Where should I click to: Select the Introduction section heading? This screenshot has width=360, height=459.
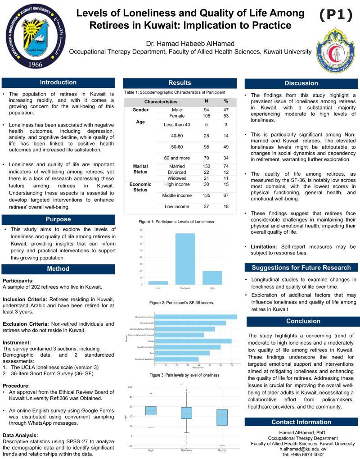[58, 82]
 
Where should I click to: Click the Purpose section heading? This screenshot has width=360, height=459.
[58, 219]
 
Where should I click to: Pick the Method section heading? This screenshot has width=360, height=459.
[58, 269]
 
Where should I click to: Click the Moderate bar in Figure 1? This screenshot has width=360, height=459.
[185, 259]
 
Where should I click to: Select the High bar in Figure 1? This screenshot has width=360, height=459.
[212, 277]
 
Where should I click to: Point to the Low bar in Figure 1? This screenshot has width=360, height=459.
[158, 283]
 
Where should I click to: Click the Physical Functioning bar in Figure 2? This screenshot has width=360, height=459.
[196, 317]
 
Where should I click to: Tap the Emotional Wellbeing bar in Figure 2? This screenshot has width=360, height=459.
[176, 359]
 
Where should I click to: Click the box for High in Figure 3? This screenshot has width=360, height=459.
[151, 411]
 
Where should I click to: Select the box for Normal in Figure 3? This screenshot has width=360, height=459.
[222, 418]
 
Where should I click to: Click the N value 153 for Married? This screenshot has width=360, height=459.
[206, 167]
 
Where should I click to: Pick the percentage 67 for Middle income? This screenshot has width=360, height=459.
[226, 195]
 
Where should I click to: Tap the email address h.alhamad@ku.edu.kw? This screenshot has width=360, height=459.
[302, 449]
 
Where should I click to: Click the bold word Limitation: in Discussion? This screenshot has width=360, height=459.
[264, 247]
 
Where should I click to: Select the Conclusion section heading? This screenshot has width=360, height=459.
[303, 321]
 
